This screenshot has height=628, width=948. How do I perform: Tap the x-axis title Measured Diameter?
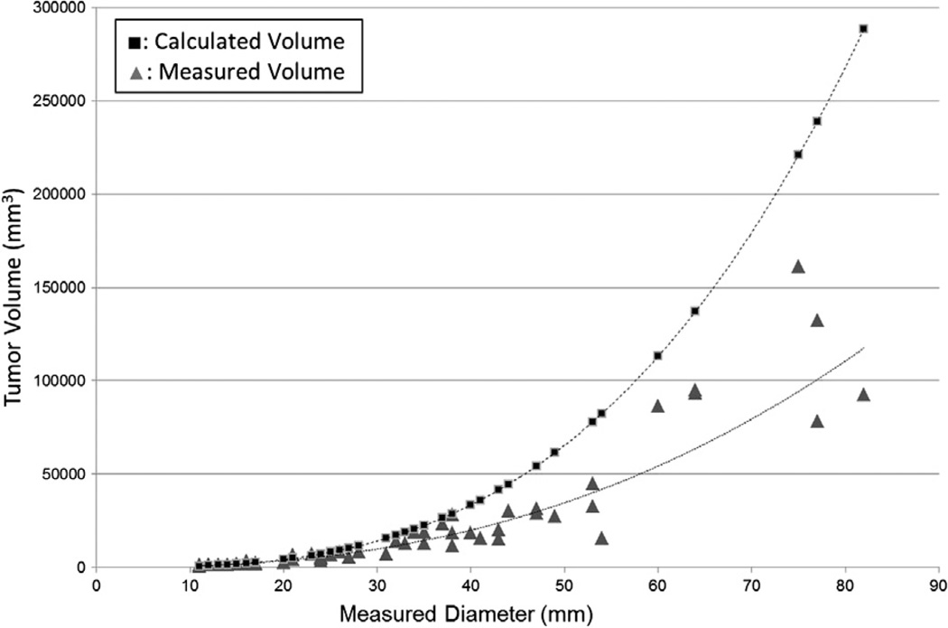466,615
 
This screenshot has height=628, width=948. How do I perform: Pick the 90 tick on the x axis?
939,585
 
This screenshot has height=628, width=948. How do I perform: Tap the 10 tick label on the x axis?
190,585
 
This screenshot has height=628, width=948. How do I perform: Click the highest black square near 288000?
863,29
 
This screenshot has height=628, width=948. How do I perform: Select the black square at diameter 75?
798,155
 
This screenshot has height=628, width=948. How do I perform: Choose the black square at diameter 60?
658,356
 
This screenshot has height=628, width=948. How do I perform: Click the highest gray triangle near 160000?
798,267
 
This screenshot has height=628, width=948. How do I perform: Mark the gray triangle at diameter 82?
863,395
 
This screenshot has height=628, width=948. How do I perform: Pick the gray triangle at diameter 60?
658,407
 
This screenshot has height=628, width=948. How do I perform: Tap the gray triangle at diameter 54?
601,539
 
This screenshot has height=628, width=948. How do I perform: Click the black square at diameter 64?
695,312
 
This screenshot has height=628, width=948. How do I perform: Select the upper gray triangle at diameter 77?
817,321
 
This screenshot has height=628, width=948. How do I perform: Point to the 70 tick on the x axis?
751,585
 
